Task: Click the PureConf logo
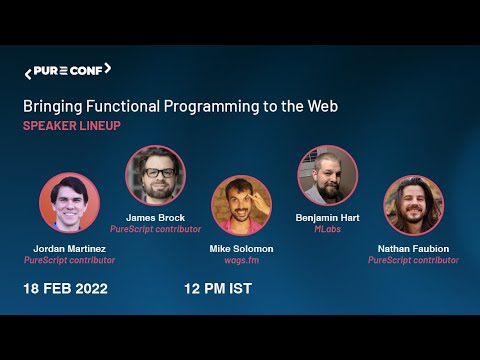[x=67, y=71]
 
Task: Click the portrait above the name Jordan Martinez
[x=69, y=203]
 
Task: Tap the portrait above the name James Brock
[x=155, y=175]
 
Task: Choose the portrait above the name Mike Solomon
[x=241, y=205]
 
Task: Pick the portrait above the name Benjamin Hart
[x=327, y=175]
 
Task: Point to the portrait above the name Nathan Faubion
[x=413, y=205]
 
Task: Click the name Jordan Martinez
[x=69, y=248]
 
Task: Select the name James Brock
[x=155, y=217]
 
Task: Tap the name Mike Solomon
[x=241, y=247]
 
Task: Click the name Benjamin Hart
[x=327, y=217]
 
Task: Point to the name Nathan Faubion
[x=413, y=247]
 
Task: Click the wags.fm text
[x=241, y=259]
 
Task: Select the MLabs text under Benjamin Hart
[x=327, y=229]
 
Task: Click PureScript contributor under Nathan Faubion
[x=413, y=260]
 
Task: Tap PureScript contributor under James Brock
[x=155, y=229]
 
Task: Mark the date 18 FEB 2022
[x=66, y=289]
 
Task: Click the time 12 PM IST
[x=217, y=289]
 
